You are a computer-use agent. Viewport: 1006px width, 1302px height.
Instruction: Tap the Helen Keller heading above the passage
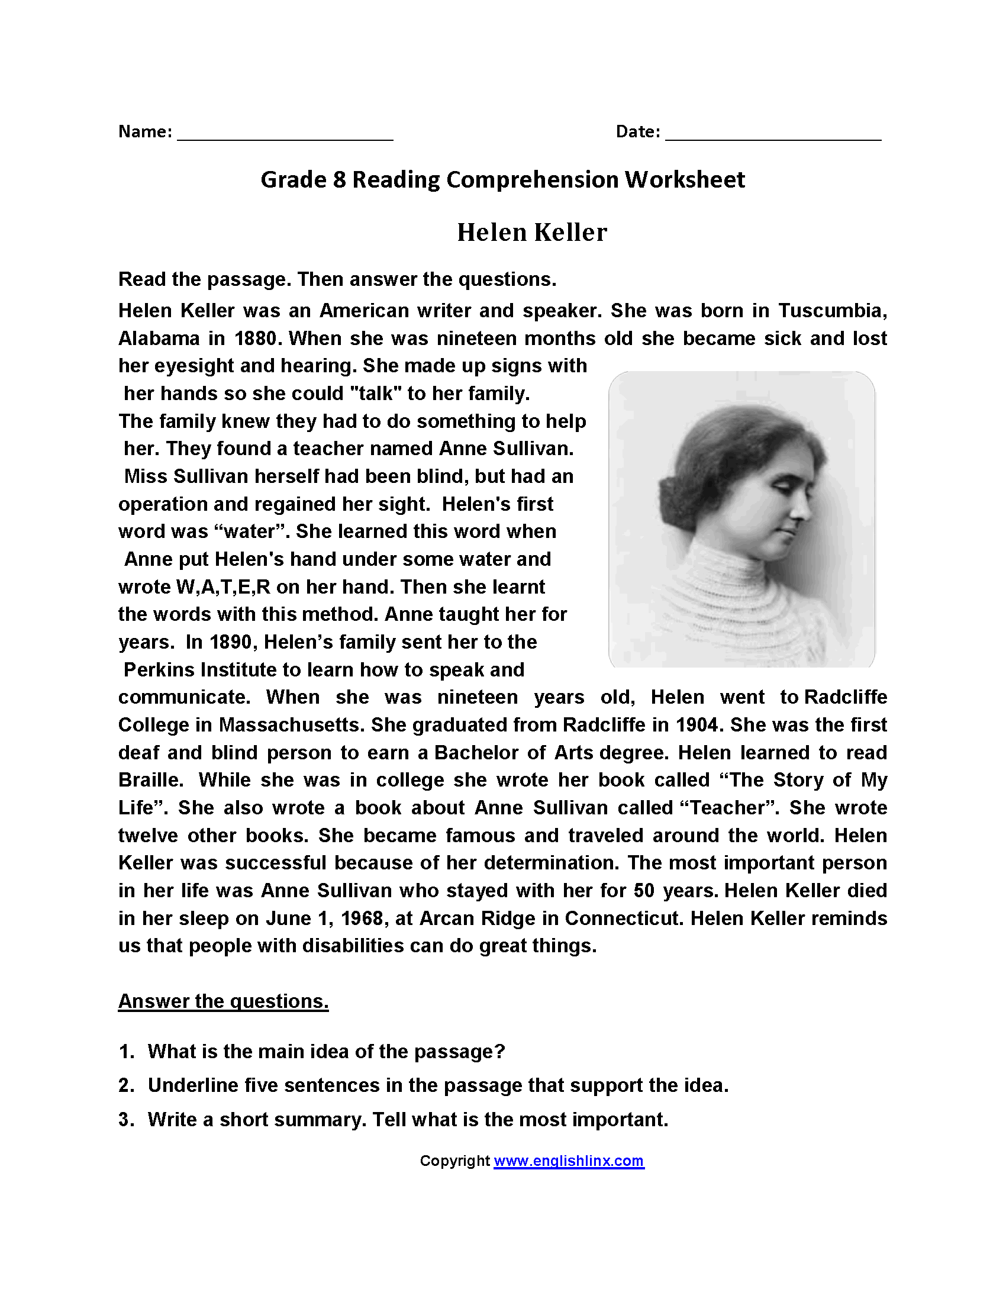(531, 233)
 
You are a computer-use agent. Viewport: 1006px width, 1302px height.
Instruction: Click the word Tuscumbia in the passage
(832, 311)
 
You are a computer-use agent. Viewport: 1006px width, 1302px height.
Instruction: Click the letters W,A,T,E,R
(224, 586)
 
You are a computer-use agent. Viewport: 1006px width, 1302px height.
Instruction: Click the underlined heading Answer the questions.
(224, 1001)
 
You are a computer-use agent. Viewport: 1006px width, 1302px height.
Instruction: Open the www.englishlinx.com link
(569, 1161)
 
